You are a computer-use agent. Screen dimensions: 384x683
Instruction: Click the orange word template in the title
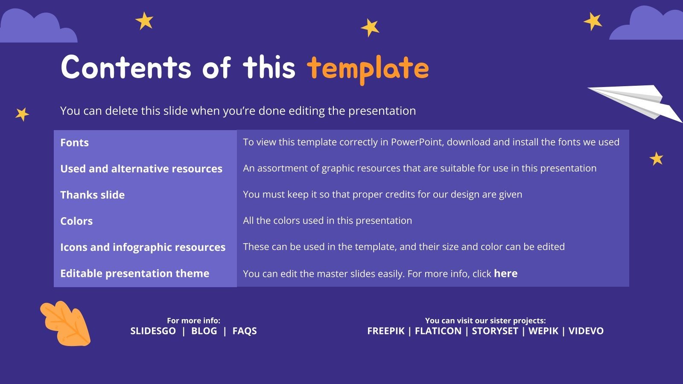click(x=368, y=69)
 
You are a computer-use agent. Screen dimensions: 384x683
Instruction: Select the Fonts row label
click(x=74, y=143)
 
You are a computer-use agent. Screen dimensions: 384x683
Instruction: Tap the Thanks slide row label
click(x=92, y=195)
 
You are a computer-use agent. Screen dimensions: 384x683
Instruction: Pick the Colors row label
click(x=76, y=221)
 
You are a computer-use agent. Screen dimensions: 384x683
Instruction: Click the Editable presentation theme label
click(x=134, y=273)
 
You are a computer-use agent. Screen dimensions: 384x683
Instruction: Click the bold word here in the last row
click(x=505, y=273)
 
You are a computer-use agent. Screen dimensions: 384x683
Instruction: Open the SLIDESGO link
click(x=153, y=331)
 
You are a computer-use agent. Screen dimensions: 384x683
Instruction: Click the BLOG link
click(x=204, y=331)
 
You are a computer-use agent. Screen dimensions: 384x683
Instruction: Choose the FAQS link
click(x=245, y=331)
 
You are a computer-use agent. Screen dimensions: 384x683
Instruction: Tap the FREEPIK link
click(x=385, y=331)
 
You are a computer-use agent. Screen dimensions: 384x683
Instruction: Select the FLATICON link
click(x=438, y=331)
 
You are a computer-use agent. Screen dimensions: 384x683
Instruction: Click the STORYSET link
click(x=495, y=331)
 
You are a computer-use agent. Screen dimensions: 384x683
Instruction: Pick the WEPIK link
click(x=543, y=331)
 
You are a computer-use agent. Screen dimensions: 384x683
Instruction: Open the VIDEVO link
click(x=586, y=331)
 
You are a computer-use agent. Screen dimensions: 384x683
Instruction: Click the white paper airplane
click(x=636, y=102)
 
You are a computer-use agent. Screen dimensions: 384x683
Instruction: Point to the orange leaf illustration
click(x=65, y=323)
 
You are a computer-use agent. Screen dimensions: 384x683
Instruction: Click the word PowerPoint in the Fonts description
click(x=416, y=142)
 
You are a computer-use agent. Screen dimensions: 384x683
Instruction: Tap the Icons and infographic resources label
click(x=143, y=247)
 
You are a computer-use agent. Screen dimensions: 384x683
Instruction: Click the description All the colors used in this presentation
click(x=327, y=221)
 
